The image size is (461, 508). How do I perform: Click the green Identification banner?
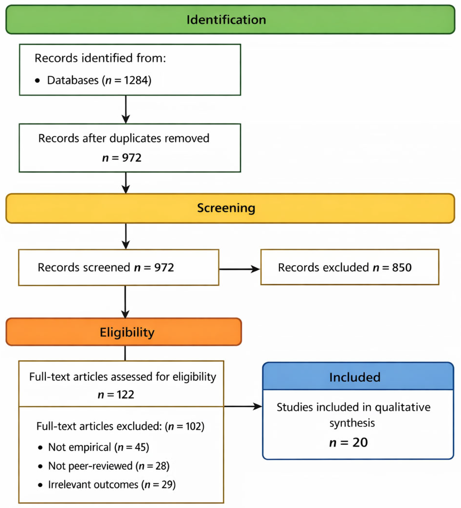coord(230,19)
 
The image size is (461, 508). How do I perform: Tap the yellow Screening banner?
coord(230,208)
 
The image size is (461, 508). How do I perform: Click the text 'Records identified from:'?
coord(100,58)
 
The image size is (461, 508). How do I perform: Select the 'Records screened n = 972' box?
coord(119,267)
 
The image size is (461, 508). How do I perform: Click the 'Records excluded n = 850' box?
coord(350,267)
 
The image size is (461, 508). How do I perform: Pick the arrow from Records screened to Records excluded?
coord(239,269)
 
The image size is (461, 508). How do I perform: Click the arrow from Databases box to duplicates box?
coord(126,109)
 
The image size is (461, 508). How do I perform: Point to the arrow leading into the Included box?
coord(243,406)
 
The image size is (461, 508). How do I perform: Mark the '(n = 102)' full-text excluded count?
coord(185,426)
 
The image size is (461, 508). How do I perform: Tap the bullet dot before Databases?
coord(38,81)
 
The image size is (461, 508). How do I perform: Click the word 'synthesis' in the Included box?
coord(352,423)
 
